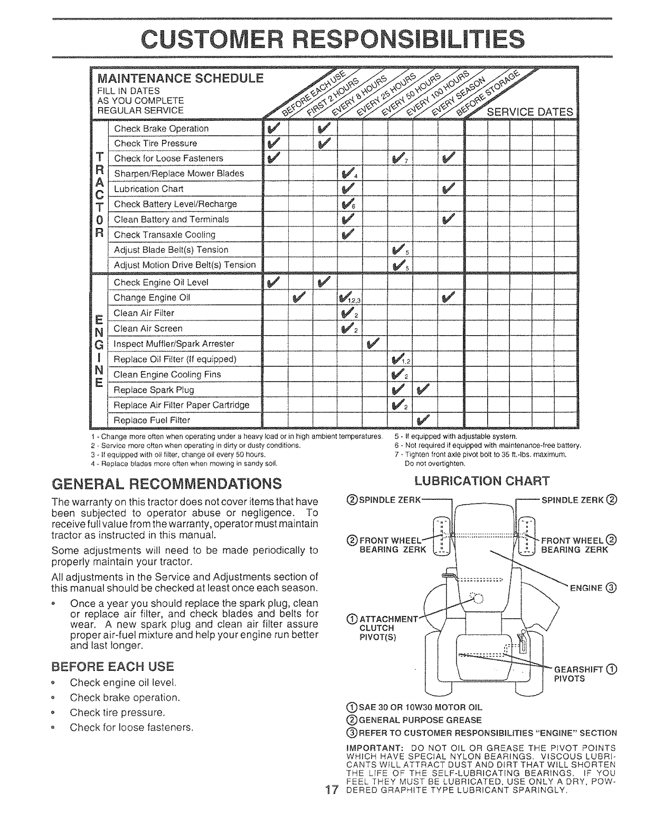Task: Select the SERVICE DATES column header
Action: point(529,112)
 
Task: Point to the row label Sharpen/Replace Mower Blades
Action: point(179,174)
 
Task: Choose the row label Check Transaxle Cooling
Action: point(165,234)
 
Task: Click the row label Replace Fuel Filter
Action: point(152,420)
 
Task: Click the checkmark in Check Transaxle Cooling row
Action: point(348,234)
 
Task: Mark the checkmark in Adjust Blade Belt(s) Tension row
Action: point(399,250)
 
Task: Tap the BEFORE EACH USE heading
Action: point(113,665)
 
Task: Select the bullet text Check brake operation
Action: point(125,697)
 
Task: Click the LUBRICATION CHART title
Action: point(482,480)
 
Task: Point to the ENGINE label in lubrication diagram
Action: point(585,587)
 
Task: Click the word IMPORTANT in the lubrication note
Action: point(371,747)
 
